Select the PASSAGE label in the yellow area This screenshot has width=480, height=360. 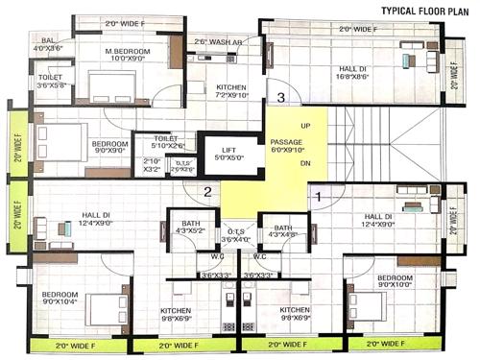pos(288,143)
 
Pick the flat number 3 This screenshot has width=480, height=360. pos(280,97)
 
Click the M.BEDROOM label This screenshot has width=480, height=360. pos(125,52)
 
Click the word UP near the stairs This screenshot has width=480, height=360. pos(306,126)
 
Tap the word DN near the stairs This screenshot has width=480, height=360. pos(306,163)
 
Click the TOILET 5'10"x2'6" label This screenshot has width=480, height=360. pos(166,142)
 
